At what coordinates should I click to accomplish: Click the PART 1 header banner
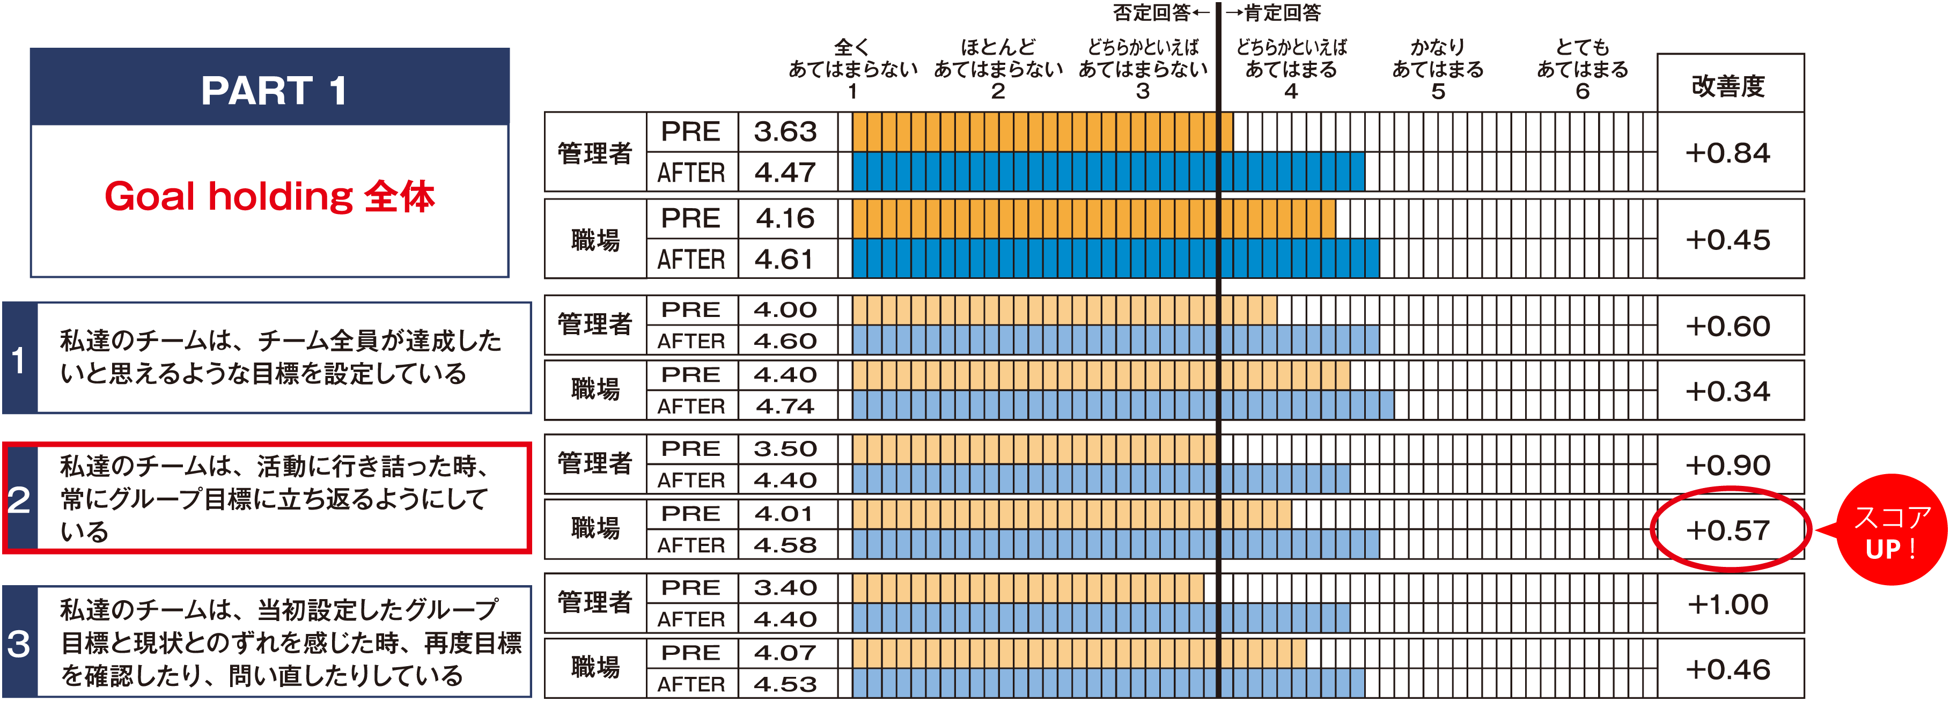pyautogui.click(x=269, y=88)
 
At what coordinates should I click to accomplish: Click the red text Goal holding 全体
pyautogui.click(x=269, y=197)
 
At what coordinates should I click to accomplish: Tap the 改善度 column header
pyautogui.click(x=1729, y=85)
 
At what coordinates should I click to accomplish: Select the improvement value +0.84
pyautogui.click(x=1729, y=153)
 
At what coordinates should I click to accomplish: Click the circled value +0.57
pyautogui.click(x=1729, y=530)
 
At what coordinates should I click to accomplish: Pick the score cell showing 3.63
pyautogui.click(x=786, y=132)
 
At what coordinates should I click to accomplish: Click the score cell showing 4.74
pyautogui.click(x=786, y=406)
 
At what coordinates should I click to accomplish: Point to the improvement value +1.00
pyautogui.click(x=1729, y=604)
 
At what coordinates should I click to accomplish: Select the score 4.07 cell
pyautogui.click(x=786, y=653)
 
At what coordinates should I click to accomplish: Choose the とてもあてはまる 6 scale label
pyautogui.click(x=1582, y=70)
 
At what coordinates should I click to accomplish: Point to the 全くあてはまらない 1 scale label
pyautogui.click(x=852, y=70)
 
